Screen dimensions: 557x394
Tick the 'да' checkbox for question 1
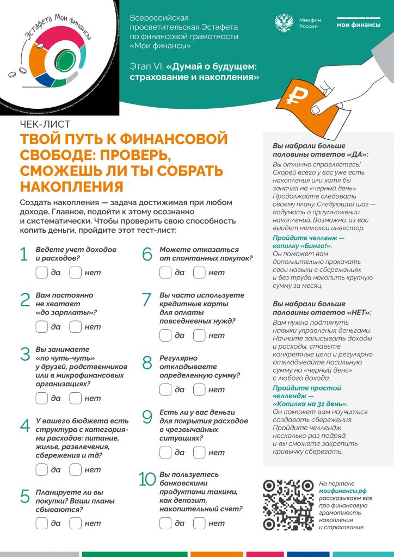point(41,273)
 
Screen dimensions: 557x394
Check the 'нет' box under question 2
point(76,327)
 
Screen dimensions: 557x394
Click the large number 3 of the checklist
point(25,354)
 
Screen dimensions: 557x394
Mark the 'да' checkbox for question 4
point(41,469)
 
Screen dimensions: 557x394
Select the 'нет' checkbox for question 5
point(76,523)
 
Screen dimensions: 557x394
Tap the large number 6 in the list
point(147,254)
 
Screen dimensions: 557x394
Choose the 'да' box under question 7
point(165,336)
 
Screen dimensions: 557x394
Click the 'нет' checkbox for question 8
point(199,389)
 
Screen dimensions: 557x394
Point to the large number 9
point(147,417)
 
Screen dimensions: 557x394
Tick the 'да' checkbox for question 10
point(165,523)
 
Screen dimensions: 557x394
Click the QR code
point(288,505)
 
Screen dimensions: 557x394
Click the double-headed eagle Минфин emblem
point(284,23)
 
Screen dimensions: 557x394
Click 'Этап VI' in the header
point(143,66)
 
